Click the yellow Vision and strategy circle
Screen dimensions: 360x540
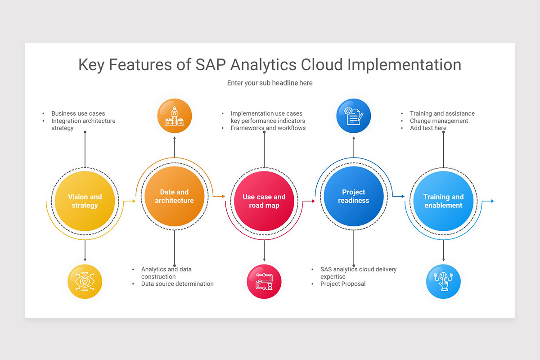(85, 201)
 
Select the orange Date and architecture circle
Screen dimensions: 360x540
(175, 197)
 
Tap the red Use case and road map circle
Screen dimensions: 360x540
(264, 201)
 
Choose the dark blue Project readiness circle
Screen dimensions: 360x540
(354, 197)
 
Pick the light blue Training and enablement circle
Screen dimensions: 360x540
(443, 201)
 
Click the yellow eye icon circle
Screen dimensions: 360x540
(85, 282)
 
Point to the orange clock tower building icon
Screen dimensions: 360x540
(175, 116)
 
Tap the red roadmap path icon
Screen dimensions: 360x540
(264, 282)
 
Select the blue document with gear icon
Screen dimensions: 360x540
(354, 116)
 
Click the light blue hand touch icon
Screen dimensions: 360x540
(443, 282)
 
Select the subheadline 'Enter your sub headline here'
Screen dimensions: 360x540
(270, 83)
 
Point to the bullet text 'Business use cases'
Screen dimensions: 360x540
(78, 114)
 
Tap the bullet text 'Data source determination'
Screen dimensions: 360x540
(177, 284)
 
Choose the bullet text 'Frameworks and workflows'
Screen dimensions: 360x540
(268, 128)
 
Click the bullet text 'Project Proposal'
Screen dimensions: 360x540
(343, 284)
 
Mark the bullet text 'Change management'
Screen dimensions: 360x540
(439, 121)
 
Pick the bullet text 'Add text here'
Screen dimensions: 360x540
(428, 128)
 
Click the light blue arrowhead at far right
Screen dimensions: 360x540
(492, 201)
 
